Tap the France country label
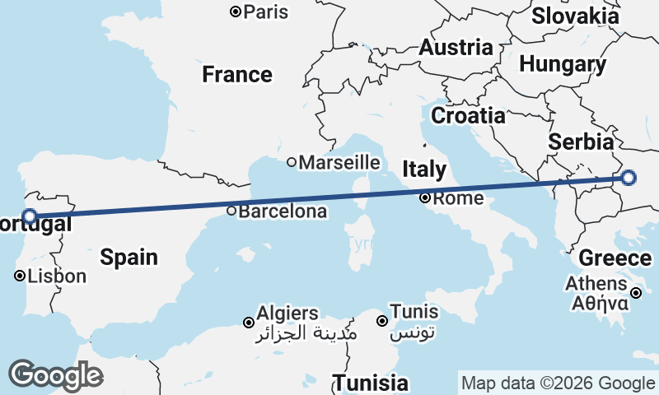coord(237,75)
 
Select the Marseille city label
coord(339,162)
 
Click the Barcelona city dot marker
coord(231,211)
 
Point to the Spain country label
coord(129,257)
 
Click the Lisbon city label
coord(57,276)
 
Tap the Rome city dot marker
coord(425,197)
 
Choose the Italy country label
coord(424,170)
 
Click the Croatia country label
coord(468,115)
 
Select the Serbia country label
coord(582,141)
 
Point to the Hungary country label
coord(563,64)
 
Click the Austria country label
coord(456,48)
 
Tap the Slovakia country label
coord(575,16)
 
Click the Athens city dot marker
coord(637,293)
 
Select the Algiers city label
coord(287,314)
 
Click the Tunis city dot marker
coord(382,321)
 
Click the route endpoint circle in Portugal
coord(29,216)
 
